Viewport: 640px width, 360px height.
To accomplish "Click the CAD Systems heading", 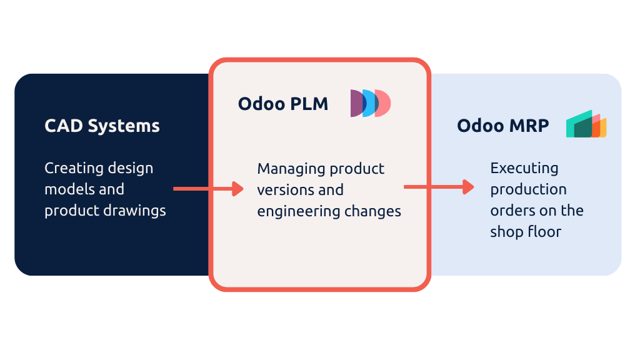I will pyautogui.click(x=102, y=126).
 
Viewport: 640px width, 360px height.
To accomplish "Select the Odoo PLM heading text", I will pyautogui.click(x=282, y=104).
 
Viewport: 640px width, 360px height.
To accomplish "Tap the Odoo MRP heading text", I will pyautogui.click(x=502, y=126).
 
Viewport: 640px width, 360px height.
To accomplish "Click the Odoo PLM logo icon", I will pyautogui.click(x=371, y=103).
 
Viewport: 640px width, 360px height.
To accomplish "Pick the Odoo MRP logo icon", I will pyautogui.click(x=586, y=124).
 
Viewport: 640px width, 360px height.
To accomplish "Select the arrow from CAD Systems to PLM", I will pyautogui.click(x=208, y=188).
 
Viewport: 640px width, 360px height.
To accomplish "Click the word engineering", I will pyautogui.click(x=296, y=211).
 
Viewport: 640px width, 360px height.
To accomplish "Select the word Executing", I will pyautogui.click(x=524, y=169).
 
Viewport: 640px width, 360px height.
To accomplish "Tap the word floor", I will pyautogui.click(x=544, y=232).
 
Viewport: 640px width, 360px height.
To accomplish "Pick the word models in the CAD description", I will pyautogui.click(x=66, y=189).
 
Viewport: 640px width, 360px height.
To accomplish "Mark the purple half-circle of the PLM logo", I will pyautogui.click(x=356, y=103).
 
